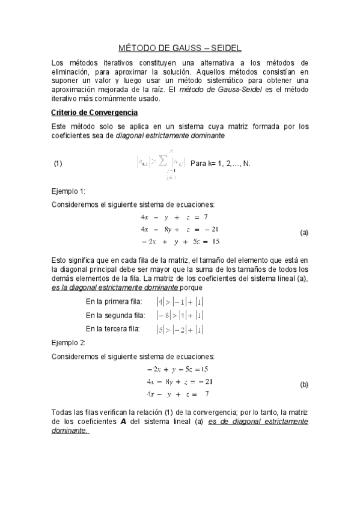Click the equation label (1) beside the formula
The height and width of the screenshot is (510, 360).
coord(58,164)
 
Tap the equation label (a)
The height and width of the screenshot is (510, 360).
coord(304,232)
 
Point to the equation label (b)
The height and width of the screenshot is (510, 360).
coord(304,384)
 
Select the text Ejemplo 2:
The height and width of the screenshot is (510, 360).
coord(69,342)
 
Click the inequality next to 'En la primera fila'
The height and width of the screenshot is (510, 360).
coord(179,302)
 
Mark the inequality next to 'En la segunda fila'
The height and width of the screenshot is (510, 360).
coord(179,315)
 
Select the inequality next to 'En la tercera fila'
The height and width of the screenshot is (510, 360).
coord(179,328)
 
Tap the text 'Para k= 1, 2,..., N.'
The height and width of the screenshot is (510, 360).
coord(220,164)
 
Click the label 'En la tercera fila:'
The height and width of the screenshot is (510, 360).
coord(113,328)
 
